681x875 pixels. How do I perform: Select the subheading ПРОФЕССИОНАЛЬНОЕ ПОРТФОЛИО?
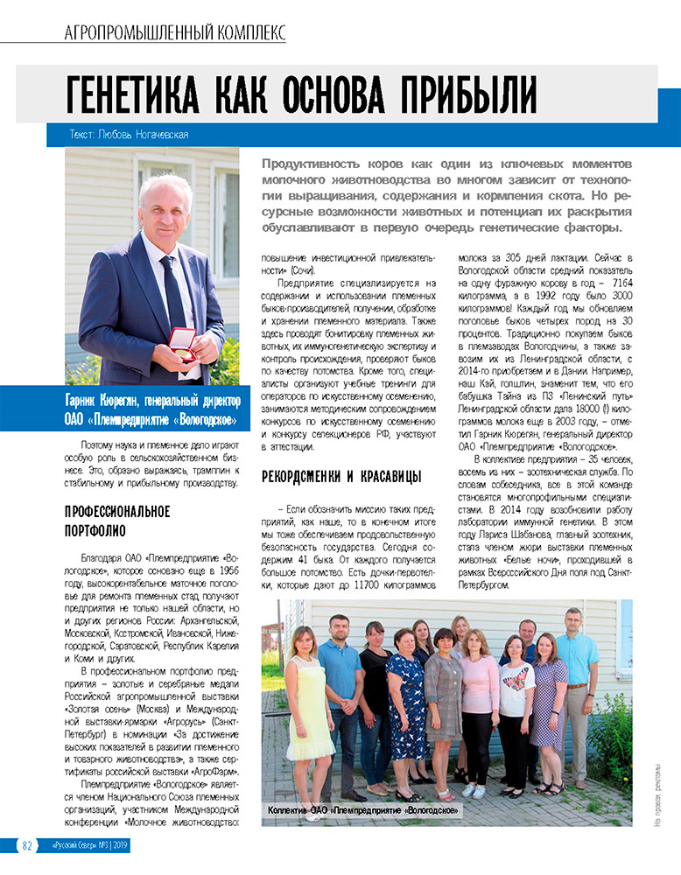117,521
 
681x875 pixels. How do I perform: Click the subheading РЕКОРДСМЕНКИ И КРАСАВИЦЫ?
342,477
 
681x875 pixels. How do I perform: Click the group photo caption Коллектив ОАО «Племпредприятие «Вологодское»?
362,811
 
